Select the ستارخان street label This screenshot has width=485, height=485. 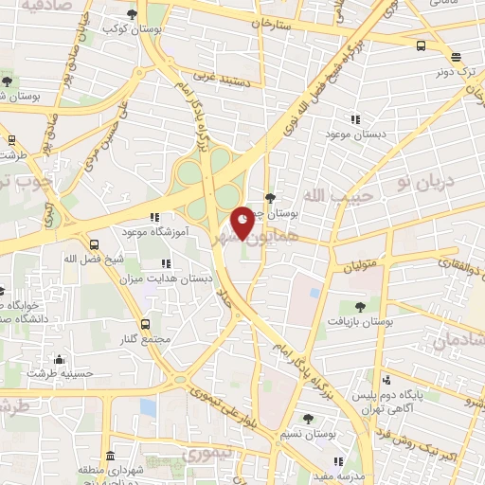[276, 22]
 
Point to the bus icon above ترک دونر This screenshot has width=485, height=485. [421, 45]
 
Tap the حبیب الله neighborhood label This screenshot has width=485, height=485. [348, 195]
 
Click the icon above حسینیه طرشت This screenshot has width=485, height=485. [60, 360]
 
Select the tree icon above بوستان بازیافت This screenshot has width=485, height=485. [360, 306]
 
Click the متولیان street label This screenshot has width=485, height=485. [361, 252]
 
